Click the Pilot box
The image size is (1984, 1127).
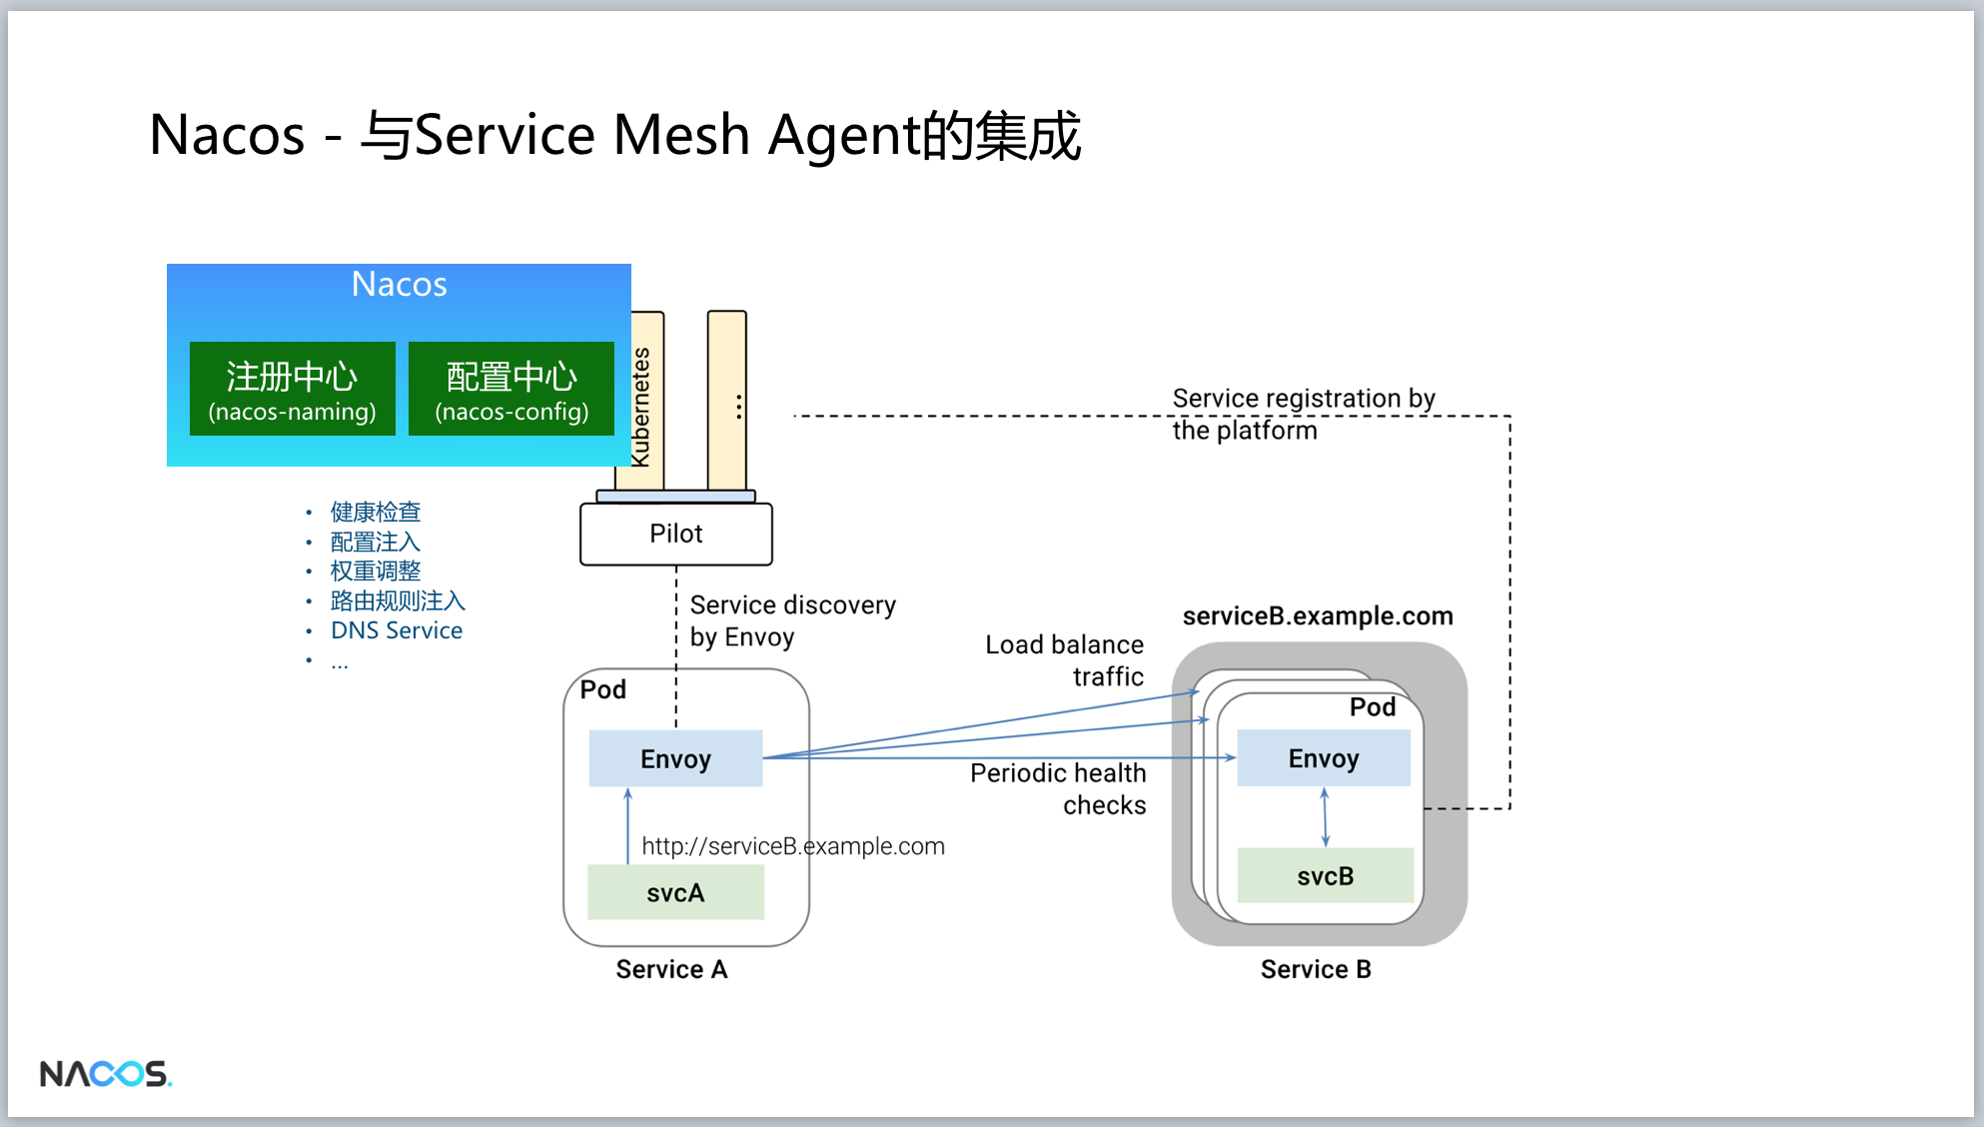676,534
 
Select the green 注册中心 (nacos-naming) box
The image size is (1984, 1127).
293,389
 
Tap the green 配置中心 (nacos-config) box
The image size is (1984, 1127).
511,389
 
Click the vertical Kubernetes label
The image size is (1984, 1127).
641,407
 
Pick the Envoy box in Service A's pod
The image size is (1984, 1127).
675,758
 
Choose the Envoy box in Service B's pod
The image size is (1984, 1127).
1324,757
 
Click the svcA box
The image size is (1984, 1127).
675,892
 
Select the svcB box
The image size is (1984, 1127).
1326,875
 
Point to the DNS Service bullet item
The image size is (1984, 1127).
397,630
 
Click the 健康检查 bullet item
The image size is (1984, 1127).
376,512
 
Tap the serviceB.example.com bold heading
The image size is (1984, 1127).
1318,615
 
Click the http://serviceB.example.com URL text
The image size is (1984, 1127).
793,846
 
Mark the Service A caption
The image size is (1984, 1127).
671,969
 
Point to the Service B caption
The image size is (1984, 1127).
1316,969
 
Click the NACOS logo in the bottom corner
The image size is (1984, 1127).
106,1074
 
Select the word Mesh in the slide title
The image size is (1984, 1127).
681,135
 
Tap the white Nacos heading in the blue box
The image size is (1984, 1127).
400,285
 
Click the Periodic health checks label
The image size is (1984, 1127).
1058,788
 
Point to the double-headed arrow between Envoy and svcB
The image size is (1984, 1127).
1325,817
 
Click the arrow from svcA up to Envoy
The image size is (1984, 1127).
628,825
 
